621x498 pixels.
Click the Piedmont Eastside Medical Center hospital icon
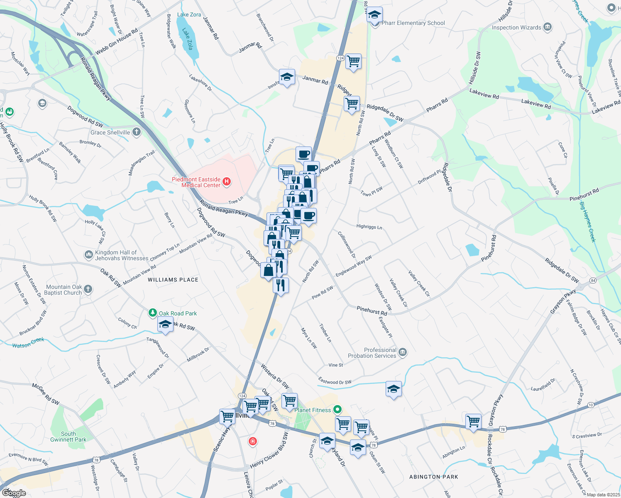[227, 181]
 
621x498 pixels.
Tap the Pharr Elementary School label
[413, 23]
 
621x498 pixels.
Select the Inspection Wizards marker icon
[548, 27]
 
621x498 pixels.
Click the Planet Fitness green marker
[337, 410]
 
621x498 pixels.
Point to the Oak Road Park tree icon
[153, 313]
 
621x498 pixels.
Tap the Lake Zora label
[189, 15]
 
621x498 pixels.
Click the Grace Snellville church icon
[137, 132]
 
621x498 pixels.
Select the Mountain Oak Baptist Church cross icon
[88, 289]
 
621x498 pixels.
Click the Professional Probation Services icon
[402, 353]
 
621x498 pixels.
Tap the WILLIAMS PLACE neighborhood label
[173, 280]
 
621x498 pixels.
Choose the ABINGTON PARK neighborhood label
[433, 477]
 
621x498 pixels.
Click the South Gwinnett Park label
[68, 437]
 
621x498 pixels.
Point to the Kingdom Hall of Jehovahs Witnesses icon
[88, 255]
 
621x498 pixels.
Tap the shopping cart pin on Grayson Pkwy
[473, 421]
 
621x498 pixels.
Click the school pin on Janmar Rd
[287, 77]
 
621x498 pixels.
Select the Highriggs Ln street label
[369, 227]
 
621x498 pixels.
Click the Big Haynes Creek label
[587, 222]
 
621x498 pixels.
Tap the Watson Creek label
[28, 343]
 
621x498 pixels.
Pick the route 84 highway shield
[593, 281]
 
